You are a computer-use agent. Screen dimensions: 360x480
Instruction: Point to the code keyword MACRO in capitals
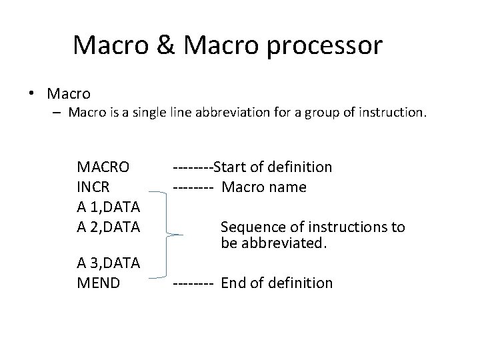(x=103, y=167)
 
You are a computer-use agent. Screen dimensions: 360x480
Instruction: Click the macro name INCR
(x=94, y=187)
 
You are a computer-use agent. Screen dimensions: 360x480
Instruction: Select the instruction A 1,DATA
(x=108, y=207)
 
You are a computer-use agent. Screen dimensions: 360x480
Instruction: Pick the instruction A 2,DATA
(x=108, y=227)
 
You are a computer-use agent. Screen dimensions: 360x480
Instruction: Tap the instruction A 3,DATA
(x=108, y=263)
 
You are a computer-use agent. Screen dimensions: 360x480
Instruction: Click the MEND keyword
(x=99, y=283)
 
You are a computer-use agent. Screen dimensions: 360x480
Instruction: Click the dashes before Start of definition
(x=193, y=167)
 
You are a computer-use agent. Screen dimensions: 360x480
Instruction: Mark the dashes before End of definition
(x=193, y=283)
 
